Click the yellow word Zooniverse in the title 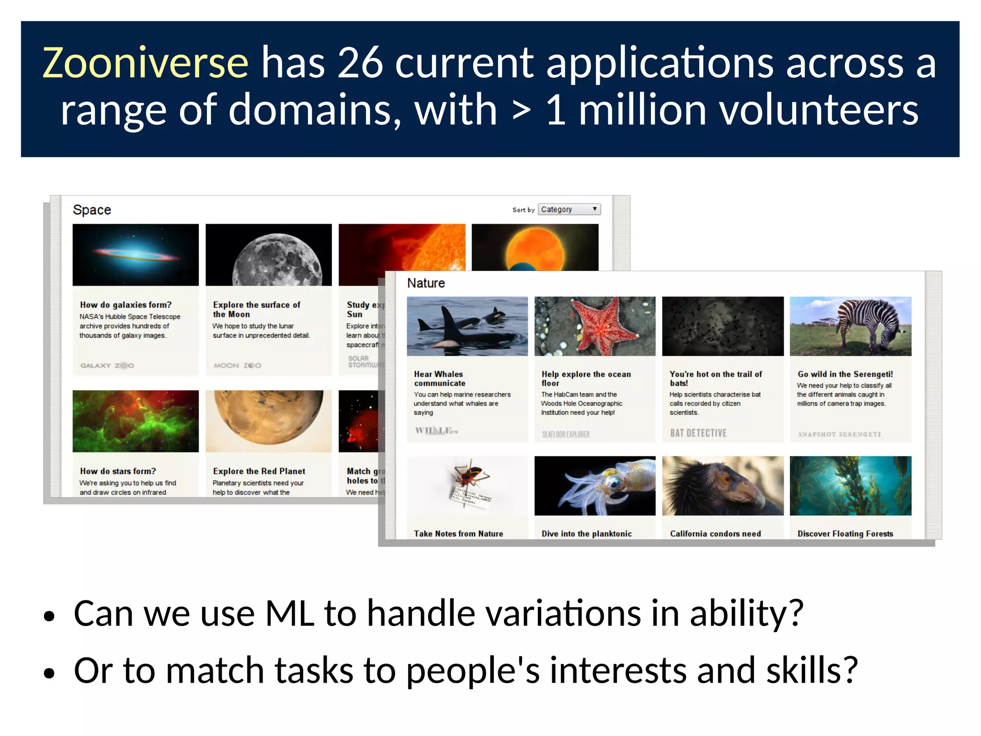[x=145, y=63]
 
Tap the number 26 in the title [x=360, y=63]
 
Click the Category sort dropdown [x=569, y=210]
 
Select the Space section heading [x=91, y=210]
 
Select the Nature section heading [x=426, y=283]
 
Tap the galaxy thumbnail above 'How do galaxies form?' [x=136, y=255]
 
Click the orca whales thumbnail [x=467, y=327]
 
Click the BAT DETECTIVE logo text [x=698, y=433]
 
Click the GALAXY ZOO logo [x=107, y=365]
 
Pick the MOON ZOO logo [x=237, y=365]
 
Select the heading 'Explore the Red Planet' [x=259, y=471]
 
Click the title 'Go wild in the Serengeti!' [x=845, y=374]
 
